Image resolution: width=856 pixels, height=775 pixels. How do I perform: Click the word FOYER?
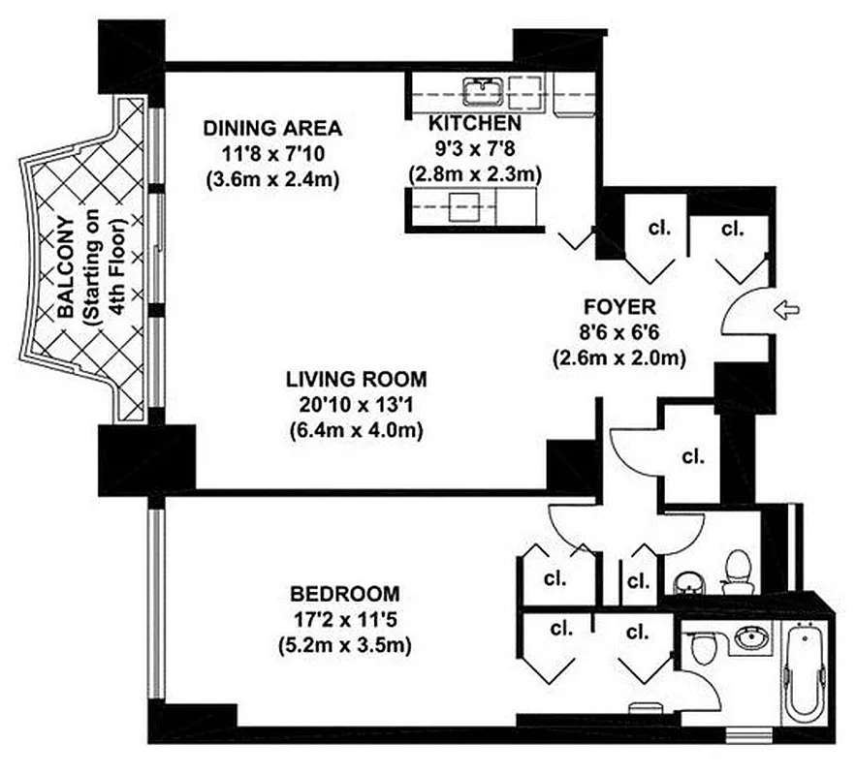point(619,307)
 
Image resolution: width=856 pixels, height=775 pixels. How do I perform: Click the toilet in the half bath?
point(738,569)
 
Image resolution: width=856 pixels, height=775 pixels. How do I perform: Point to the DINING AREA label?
point(271,128)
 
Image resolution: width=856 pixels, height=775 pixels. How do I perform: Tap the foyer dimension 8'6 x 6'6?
point(619,332)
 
